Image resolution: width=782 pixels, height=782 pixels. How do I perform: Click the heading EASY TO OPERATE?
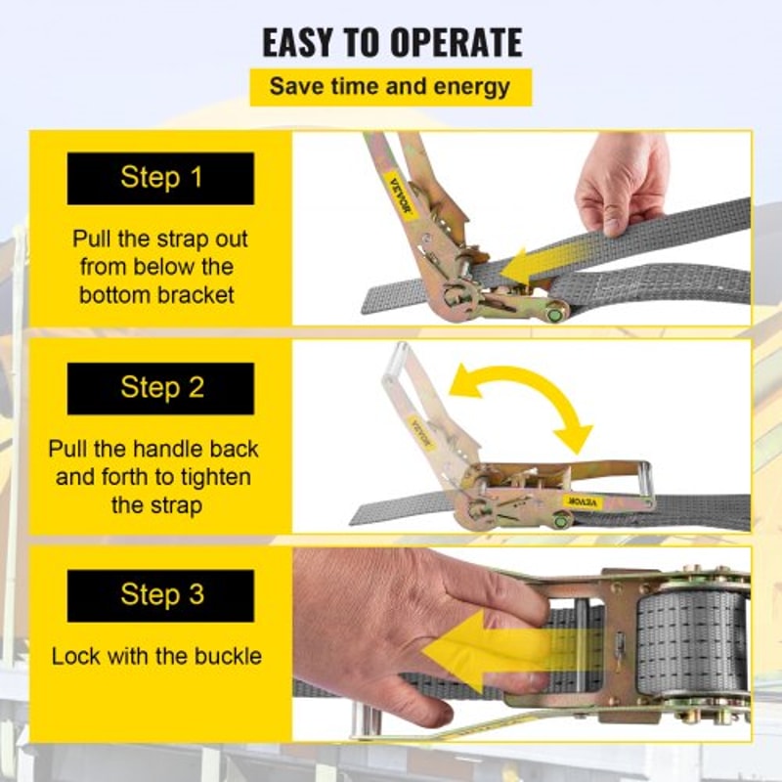391,42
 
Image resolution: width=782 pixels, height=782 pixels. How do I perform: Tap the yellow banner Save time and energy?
390,86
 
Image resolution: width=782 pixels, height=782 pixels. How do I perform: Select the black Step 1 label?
160,178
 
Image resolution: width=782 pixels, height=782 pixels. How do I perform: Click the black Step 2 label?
160,387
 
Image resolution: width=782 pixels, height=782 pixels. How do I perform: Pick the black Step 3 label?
160,595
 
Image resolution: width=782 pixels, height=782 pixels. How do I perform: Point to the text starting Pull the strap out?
160,267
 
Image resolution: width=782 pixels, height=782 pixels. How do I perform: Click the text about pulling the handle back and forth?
154,477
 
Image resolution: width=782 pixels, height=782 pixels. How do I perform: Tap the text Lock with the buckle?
156,656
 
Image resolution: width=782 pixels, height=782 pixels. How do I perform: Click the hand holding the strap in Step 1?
621,181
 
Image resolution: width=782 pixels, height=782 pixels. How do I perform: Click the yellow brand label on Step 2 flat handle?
585,501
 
